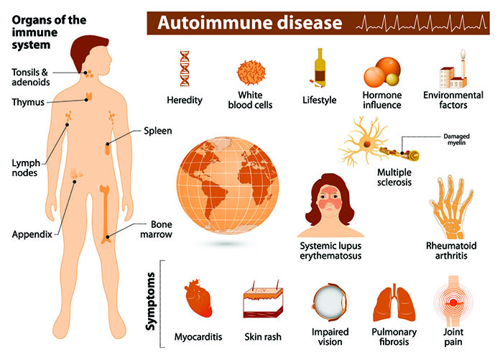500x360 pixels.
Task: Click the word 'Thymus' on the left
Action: (28, 102)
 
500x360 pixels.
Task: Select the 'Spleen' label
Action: (156, 133)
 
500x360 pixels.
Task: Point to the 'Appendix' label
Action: (31, 234)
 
